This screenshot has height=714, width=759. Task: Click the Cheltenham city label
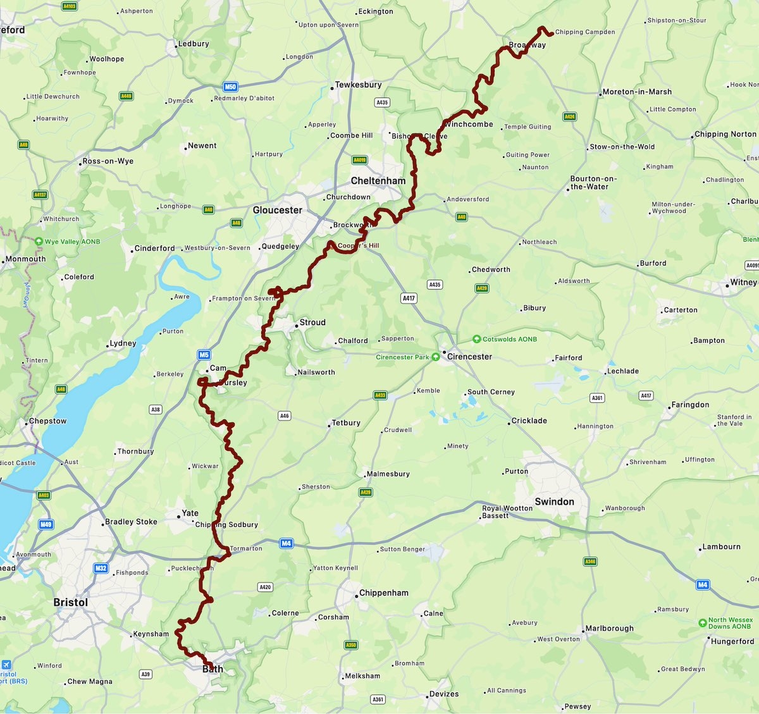tap(378, 181)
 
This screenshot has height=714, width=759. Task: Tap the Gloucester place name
tap(277, 210)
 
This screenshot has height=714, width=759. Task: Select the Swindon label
tap(554, 502)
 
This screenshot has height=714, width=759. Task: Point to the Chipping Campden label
tap(584, 32)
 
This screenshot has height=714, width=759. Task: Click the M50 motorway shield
tap(230, 87)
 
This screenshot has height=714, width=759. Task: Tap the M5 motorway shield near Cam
tap(204, 355)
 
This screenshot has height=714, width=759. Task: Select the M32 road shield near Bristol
tap(101, 568)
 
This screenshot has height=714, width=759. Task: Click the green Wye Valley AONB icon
tap(39, 242)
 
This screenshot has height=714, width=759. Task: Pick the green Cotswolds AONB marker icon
tap(477, 339)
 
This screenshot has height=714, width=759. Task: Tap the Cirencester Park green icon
tap(436, 357)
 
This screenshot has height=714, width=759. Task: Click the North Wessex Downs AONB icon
tap(702, 623)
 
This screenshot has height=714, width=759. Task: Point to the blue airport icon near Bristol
tap(6, 665)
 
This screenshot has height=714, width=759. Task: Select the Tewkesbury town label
tap(358, 85)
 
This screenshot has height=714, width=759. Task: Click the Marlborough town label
tap(609, 629)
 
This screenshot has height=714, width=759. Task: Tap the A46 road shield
tap(285, 415)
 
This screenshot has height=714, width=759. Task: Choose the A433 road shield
tap(380, 395)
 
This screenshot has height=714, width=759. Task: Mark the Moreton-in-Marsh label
tap(637, 92)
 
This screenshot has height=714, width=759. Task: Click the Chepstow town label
tap(47, 421)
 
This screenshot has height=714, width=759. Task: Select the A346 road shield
tap(590, 562)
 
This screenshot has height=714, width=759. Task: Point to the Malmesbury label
tap(388, 474)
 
